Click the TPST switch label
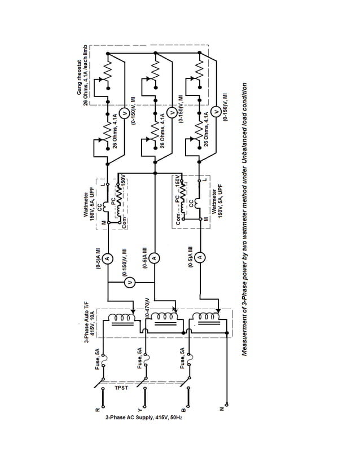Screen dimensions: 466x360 coord(120,389)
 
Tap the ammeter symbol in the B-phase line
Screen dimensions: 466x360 coord(200,257)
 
